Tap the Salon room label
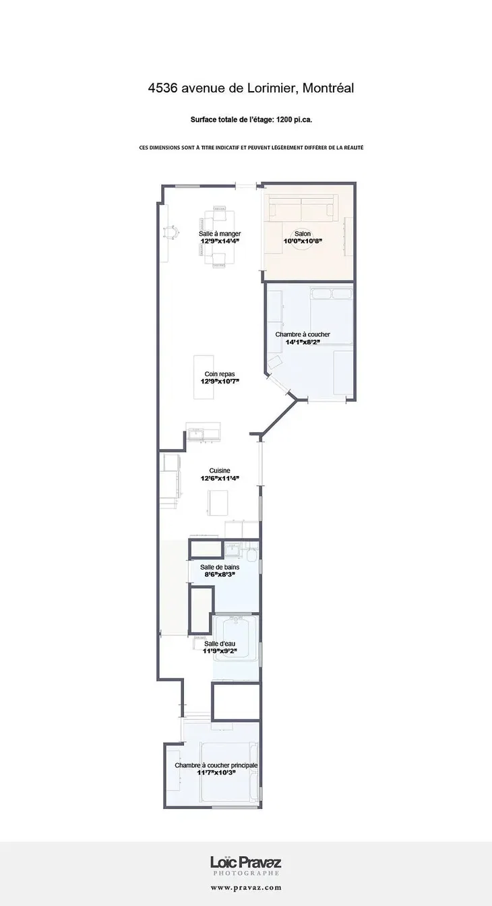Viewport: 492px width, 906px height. point(303,234)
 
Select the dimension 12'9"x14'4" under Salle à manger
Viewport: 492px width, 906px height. point(220,241)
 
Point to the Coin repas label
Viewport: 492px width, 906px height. point(220,374)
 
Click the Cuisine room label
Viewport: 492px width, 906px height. point(220,471)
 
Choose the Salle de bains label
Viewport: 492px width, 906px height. point(220,567)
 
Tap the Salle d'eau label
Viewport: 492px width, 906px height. point(220,644)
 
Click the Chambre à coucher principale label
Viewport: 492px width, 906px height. point(216,765)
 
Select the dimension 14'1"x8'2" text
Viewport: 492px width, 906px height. point(303,342)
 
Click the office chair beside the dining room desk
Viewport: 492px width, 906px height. point(171,232)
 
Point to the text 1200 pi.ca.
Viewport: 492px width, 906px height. point(295,120)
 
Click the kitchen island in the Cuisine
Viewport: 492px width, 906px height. point(218,502)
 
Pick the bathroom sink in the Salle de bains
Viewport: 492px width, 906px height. point(233,549)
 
